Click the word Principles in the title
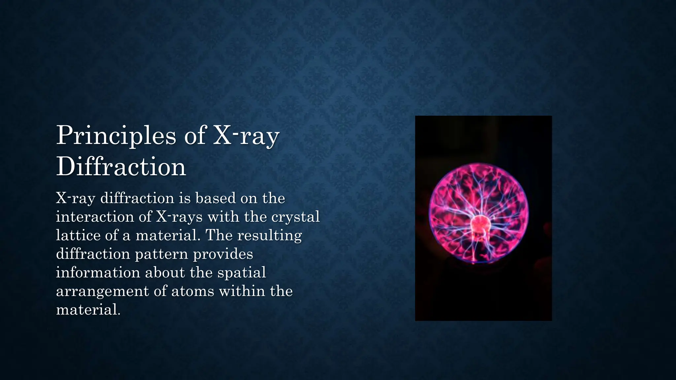[116, 136]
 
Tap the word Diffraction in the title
[121, 167]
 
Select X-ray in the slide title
[246, 136]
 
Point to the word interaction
[94, 217]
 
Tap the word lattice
[78, 236]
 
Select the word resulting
[269, 236]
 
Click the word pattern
[161, 254]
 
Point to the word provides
[223, 254]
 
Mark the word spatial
[242, 273]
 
